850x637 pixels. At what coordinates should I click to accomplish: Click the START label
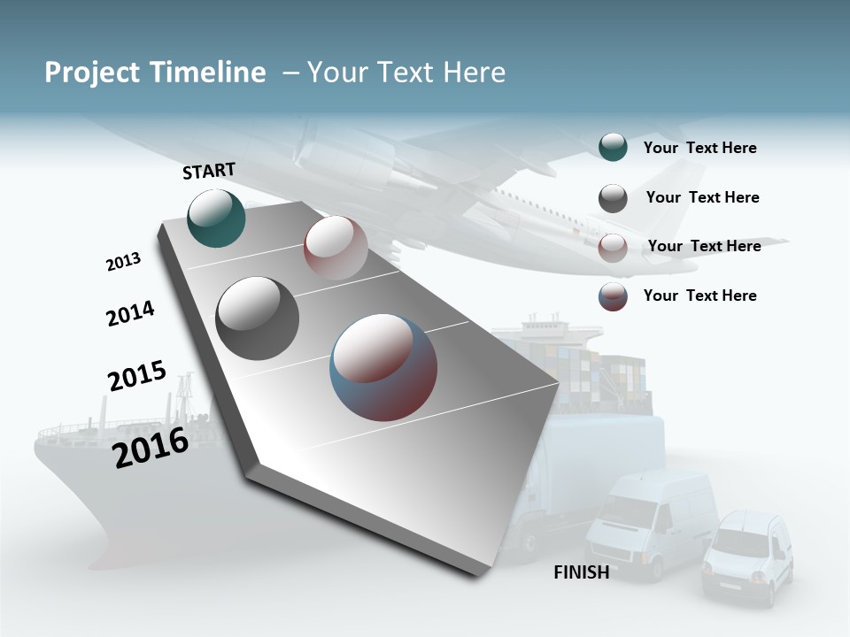click(209, 171)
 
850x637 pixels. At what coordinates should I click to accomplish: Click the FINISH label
click(581, 572)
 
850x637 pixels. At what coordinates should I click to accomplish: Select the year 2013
click(123, 262)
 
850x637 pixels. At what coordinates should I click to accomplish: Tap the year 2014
click(130, 314)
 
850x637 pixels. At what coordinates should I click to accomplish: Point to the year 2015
click(137, 376)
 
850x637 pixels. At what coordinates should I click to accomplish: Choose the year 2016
click(151, 448)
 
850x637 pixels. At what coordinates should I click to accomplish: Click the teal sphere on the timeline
click(216, 218)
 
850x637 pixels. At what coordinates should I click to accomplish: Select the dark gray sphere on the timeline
click(257, 318)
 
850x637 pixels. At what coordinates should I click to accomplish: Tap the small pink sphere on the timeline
click(336, 248)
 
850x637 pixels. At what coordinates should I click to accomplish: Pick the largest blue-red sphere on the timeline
click(383, 367)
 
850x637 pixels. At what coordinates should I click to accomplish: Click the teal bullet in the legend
click(613, 148)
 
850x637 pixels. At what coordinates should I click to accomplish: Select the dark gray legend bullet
click(613, 198)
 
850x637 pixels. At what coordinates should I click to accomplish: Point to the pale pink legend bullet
click(613, 248)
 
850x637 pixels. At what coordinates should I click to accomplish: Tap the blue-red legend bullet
click(613, 296)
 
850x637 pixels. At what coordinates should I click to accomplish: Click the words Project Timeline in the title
click(155, 73)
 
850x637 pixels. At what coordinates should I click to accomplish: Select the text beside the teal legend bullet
click(699, 148)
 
